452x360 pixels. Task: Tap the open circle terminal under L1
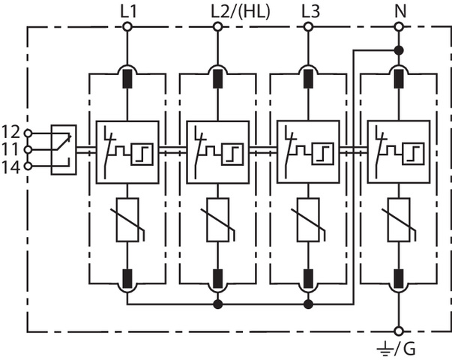pos(127,27)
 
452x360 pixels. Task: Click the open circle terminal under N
pos(398,27)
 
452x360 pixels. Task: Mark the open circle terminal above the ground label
pos(398,330)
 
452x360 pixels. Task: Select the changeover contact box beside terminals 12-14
pos(62,148)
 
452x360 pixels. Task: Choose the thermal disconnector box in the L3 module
pos(308,148)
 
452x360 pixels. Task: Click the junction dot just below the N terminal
pos(398,50)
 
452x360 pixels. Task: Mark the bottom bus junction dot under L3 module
pos(308,304)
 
